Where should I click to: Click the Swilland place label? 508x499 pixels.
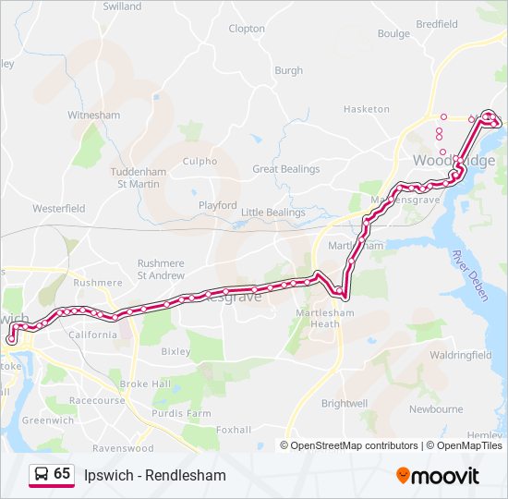(122, 6)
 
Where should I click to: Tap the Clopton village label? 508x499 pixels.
(247, 29)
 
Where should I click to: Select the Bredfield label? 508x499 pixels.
(437, 24)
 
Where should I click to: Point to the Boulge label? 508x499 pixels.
(393, 34)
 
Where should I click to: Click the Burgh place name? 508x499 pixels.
(288, 70)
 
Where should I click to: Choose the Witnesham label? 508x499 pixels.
(94, 116)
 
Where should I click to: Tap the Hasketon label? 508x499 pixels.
(367, 109)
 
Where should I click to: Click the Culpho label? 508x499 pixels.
(200, 161)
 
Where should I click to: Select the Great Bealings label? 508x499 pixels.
(286, 169)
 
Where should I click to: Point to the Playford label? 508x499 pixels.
(218, 205)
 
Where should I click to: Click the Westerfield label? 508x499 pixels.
(59, 209)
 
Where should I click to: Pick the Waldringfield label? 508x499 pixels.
(460, 355)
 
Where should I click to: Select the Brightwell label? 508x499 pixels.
(345, 404)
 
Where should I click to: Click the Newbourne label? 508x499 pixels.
(436, 408)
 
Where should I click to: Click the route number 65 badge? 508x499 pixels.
(52, 474)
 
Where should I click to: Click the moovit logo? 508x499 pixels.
(438, 476)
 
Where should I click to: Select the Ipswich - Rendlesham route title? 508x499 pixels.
(154, 475)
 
